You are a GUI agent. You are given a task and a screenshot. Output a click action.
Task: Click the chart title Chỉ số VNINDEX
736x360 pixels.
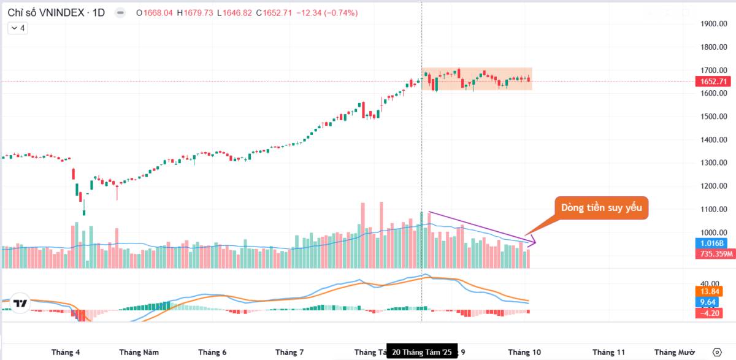tap(47, 13)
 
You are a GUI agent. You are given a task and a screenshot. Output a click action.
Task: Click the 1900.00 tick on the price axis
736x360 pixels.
tap(714, 24)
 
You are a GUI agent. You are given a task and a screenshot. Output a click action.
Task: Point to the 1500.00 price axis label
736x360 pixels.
tap(714, 117)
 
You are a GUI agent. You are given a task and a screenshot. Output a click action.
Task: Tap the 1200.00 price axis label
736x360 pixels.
tap(714, 186)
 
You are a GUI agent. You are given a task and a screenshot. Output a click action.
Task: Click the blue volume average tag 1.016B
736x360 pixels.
tap(714, 243)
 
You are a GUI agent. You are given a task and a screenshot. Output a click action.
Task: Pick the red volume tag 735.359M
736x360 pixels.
tap(715, 254)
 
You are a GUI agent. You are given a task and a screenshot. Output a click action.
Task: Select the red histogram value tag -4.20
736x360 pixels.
tap(711, 313)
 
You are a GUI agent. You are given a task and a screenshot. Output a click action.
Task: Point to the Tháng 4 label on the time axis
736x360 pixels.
tap(66, 352)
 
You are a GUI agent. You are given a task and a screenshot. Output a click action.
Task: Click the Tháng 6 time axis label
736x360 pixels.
tap(212, 352)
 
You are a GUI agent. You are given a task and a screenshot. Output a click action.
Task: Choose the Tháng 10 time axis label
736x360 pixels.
tap(524, 352)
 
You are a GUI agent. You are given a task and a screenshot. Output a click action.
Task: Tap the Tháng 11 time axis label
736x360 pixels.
tap(608, 352)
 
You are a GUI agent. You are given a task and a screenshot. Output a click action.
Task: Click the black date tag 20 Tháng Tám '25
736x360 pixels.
tap(421, 352)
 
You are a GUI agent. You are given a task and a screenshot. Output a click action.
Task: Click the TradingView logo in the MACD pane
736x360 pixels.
tap(21, 303)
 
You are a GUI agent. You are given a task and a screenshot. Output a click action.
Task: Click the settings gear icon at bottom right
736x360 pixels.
tap(717, 351)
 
